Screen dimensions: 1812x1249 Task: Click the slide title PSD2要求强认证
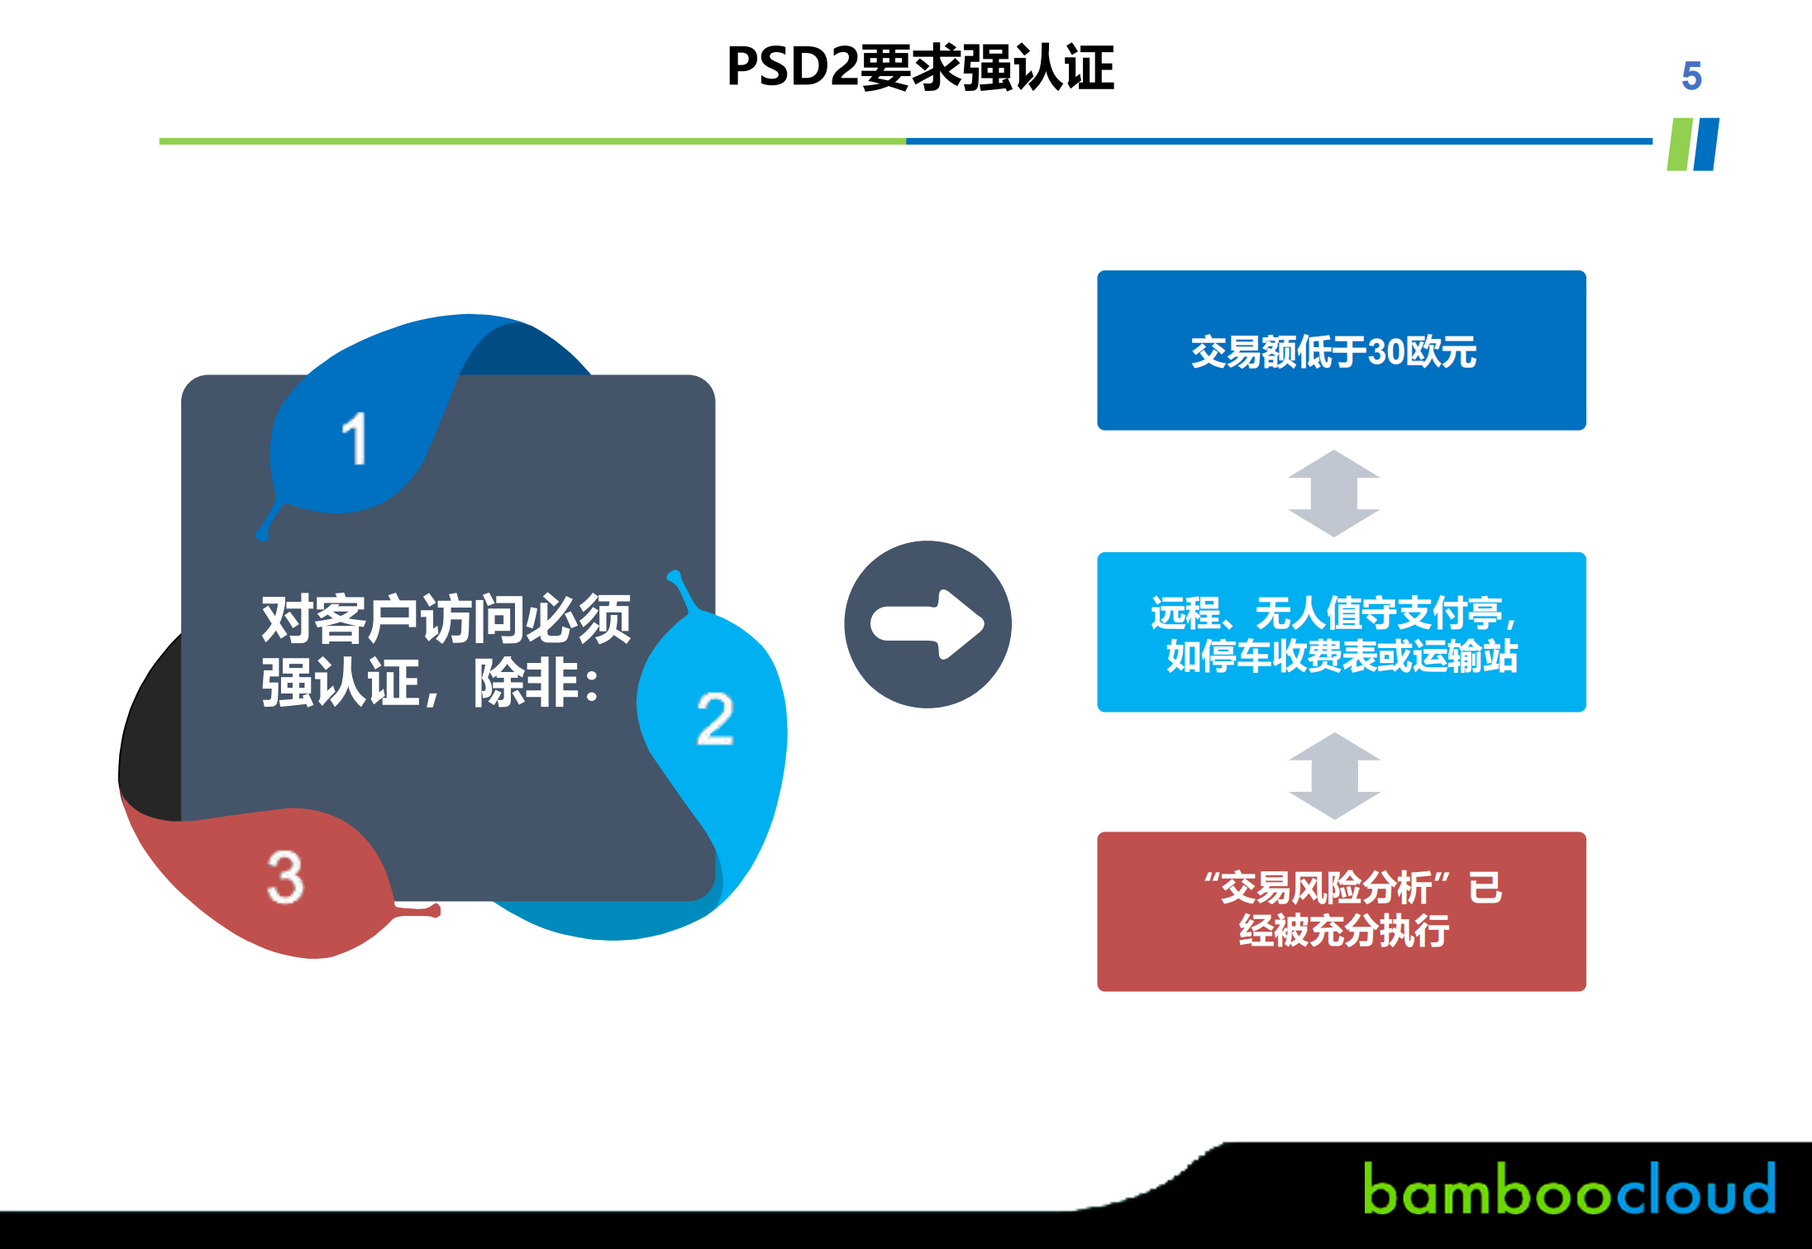pyautogui.click(x=920, y=67)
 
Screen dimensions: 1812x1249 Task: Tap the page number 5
pyautogui.click(x=1691, y=76)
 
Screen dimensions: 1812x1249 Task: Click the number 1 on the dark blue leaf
pyautogui.click(x=355, y=438)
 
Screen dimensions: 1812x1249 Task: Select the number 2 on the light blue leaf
pyautogui.click(x=715, y=718)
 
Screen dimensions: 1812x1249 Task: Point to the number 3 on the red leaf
pyautogui.click(x=286, y=876)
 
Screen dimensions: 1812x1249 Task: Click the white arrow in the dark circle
pyautogui.click(x=927, y=624)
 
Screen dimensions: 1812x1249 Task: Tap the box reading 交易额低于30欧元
pyautogui.click(x=1341, y=350)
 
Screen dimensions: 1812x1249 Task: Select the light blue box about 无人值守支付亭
pyautogui.click(x=1341, y=632)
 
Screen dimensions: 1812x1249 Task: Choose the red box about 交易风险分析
pyautogui.click(x=1341, y=912)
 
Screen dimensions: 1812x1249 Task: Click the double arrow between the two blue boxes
pyautogui.click(x=1334, y=493)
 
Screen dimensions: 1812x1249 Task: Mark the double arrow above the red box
pyautogui.click(x=1335, y=775)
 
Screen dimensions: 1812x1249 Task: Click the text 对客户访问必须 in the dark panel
pyautogui.click(x=446, y=618)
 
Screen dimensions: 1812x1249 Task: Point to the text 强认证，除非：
pyautogui.click(x=430, y=683)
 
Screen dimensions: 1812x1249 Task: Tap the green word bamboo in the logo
pyautogui.click(x=1489, y=1189)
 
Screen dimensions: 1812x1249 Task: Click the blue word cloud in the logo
pyautogui.click(x=1695, y=1188)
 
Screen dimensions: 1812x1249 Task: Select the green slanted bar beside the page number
pyautogui.click(x=1680, y=144)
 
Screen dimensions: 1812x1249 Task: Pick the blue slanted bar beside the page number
pyautogui.click(x=1706, y=144)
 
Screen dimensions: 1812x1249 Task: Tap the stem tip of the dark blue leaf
pyautogui.click(x=262, y=536)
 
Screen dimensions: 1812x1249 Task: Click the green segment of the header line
pyautogui.click(x=532, y=141)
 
